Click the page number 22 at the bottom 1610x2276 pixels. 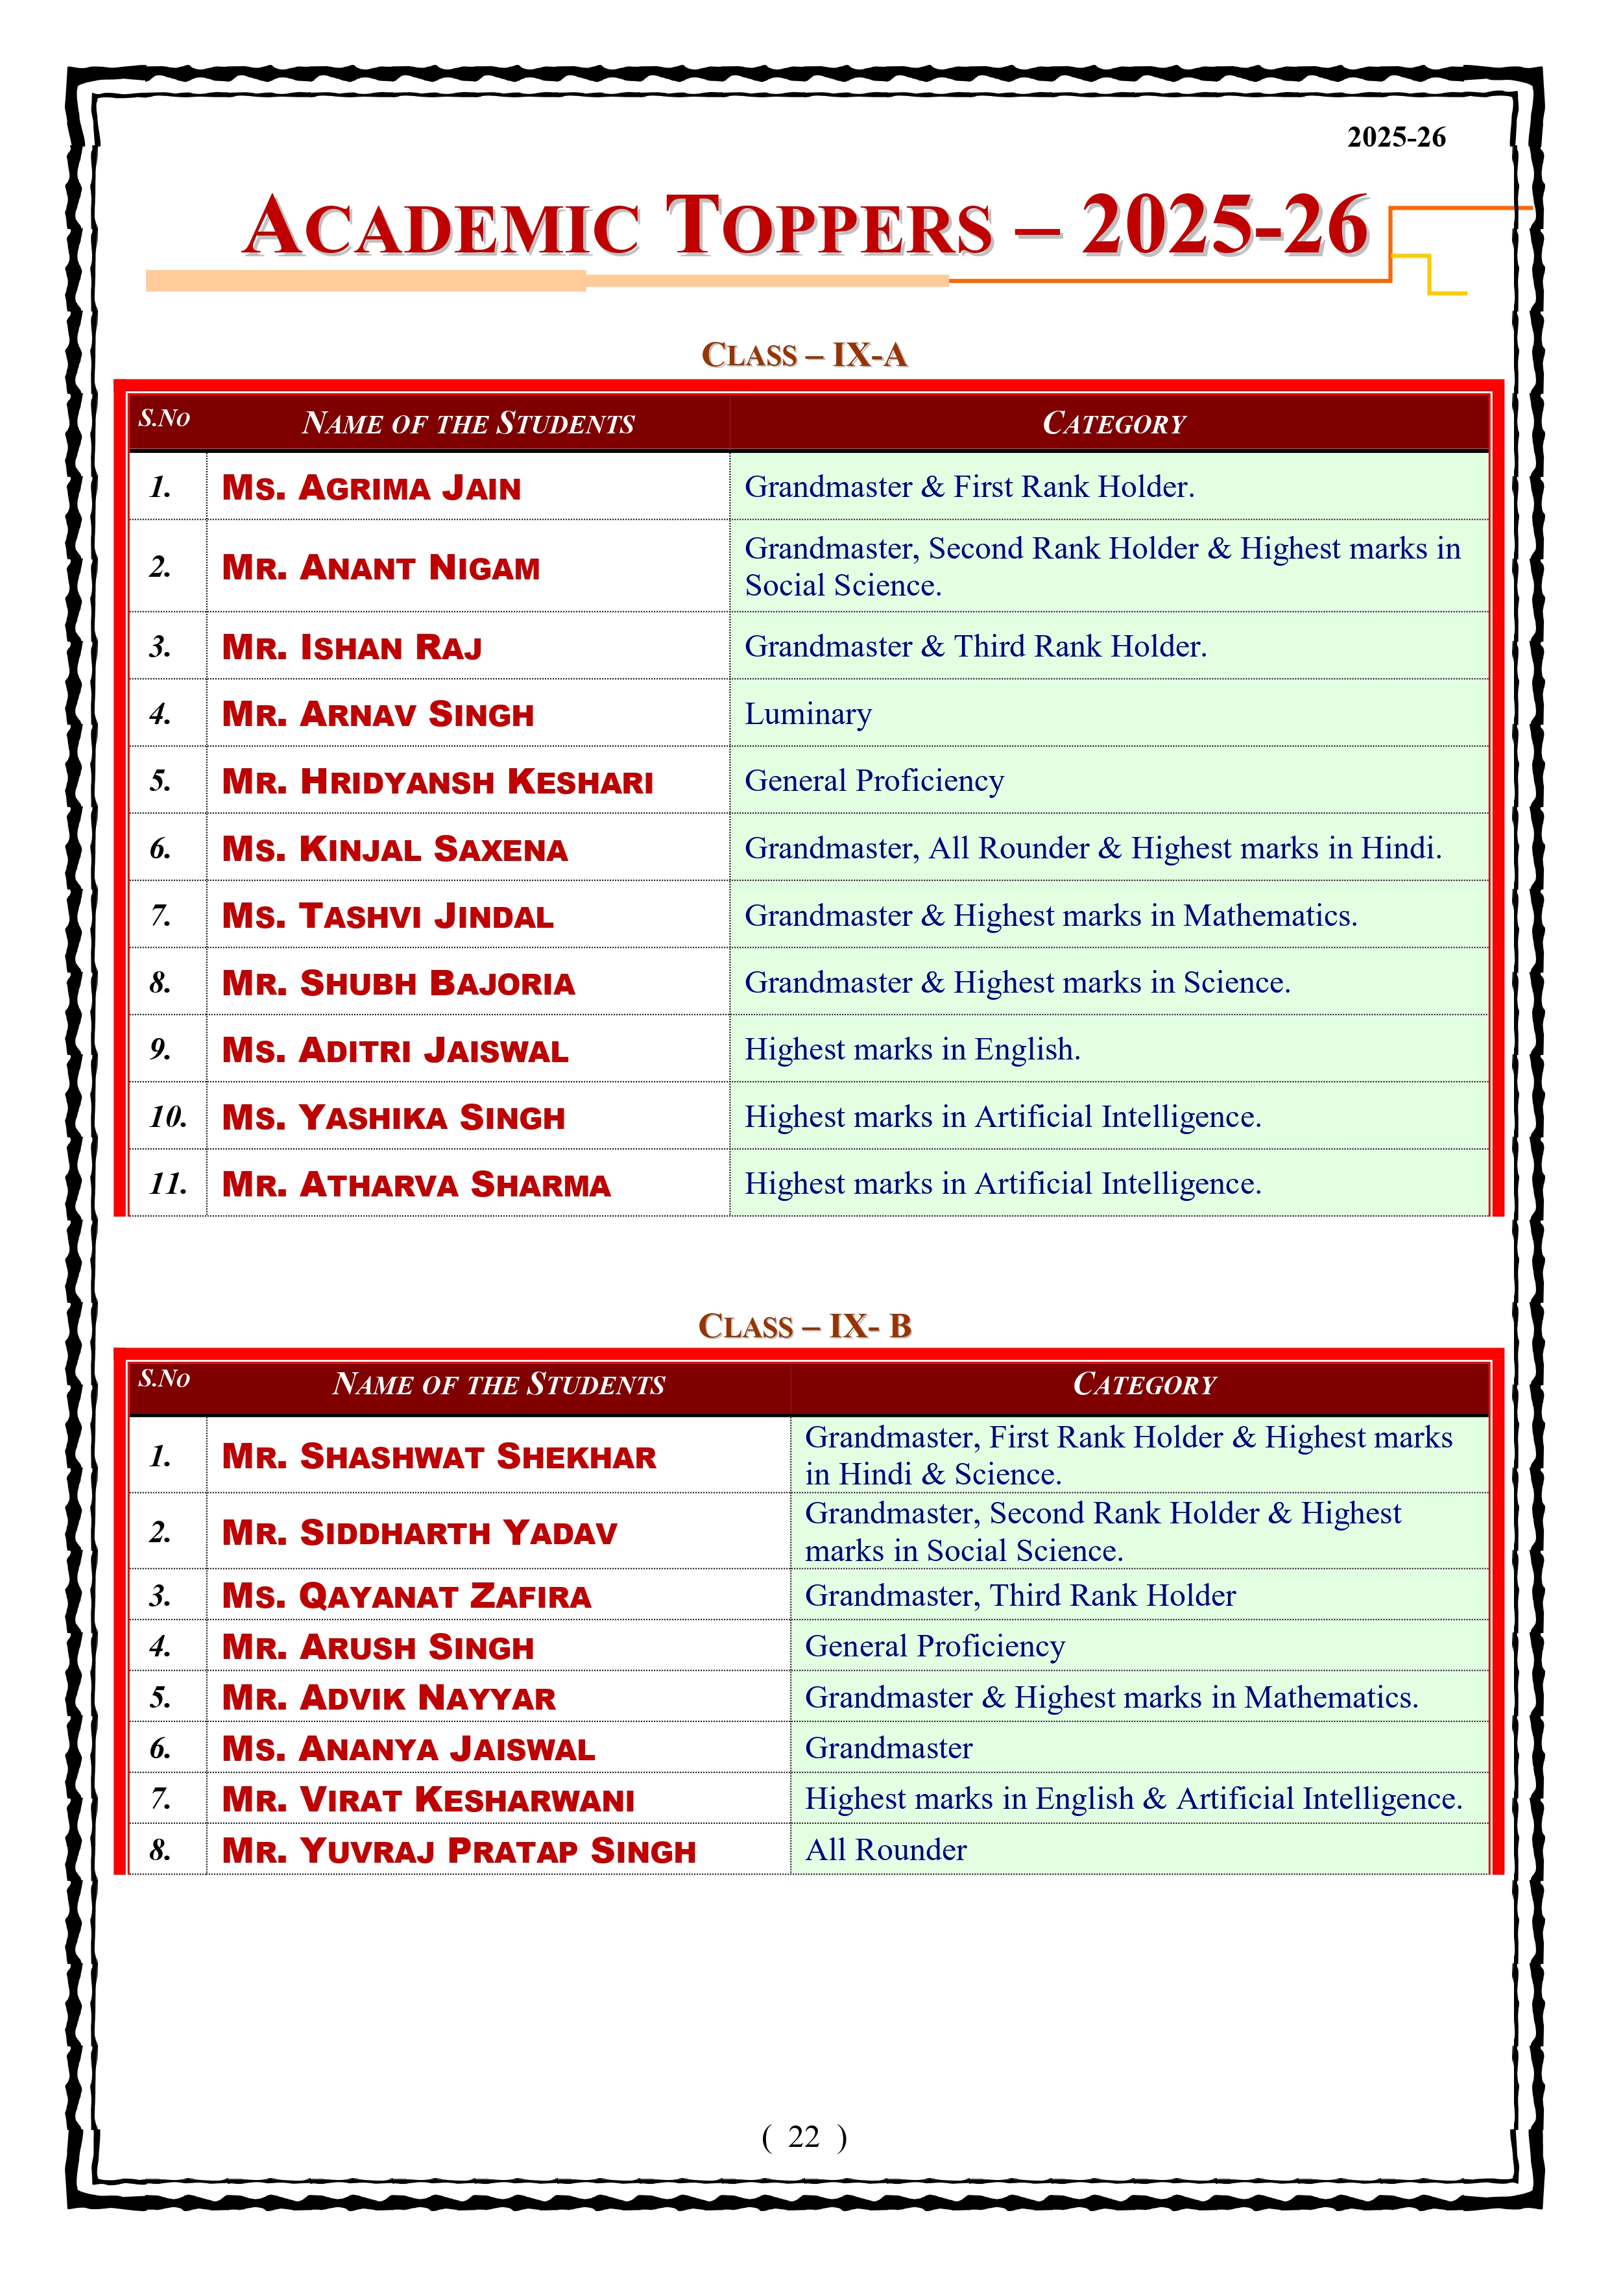coord(803,2137)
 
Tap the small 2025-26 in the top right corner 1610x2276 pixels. coord(1396,138)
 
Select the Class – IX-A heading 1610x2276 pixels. coord(804,355)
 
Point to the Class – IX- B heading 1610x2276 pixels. coord(804,1326)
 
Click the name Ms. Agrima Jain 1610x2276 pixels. coord(371,488)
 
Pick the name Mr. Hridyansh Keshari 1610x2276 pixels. coord(437,781)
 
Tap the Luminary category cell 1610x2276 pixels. coord(808,714)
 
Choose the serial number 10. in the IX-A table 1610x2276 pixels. coord(167,1117)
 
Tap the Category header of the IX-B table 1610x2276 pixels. coord(1144,1385)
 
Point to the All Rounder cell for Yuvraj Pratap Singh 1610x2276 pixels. coord(885,1850)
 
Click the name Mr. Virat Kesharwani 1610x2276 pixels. coord(427,1799)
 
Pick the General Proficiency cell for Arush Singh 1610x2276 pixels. coord(935,1647)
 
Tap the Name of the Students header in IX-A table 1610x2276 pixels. coord(468,423)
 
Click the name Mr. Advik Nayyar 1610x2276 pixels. coord(389,1698)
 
